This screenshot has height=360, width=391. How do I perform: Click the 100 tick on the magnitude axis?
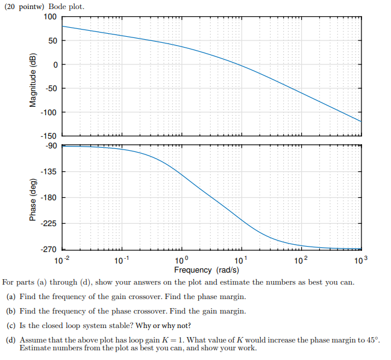coord(51,16)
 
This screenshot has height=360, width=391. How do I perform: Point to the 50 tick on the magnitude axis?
coord(53,40)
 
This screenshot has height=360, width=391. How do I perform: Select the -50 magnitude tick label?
coord(51,89)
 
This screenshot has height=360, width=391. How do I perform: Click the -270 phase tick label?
coord(49,249)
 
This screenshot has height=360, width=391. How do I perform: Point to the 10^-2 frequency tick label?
coord(63,261)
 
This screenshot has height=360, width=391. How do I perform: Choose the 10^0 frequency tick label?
coord(181,261)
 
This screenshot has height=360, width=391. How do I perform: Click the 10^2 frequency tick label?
coord(301,261)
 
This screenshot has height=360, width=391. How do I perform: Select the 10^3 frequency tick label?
coord(360,261)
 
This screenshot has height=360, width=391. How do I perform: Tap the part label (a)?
coord(11,297)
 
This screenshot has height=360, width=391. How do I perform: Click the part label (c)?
coord(11,326)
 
